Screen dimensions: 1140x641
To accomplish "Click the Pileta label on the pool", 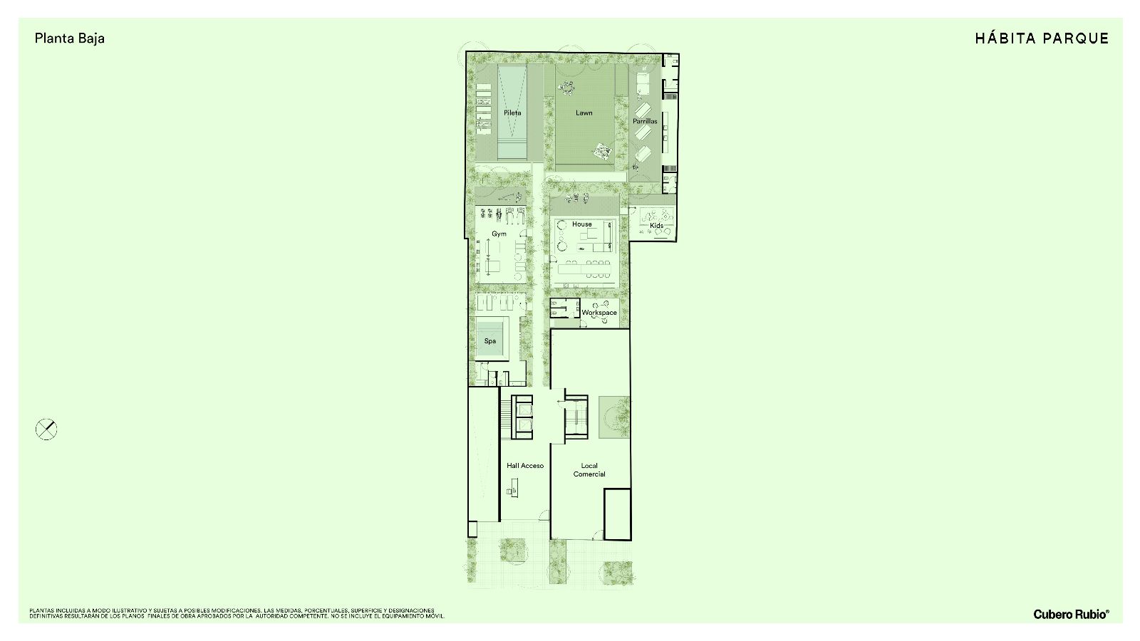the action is [x=512, y=113].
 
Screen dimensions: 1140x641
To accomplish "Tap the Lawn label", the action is [x=584, y=113].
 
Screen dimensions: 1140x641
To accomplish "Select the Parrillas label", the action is [x=645, y=121].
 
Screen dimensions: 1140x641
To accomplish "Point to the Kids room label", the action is [x=656, y=225].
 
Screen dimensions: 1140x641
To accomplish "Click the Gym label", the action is [x=499, y=234].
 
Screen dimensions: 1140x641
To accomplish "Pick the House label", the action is [x=581, y=224].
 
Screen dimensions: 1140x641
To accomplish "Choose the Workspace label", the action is [x=599, y=313].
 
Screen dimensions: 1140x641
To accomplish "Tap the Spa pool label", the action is [x=490, y=341].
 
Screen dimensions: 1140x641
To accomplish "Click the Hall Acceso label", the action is [x=524, y=466].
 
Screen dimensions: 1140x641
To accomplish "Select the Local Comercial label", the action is [x=589, y=469].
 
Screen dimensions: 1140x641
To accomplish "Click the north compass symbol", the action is [x=46, y=429].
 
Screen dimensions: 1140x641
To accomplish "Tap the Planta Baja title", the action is [x=70, y=38].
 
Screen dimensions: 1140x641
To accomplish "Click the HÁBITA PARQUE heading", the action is [x=1042, y=38].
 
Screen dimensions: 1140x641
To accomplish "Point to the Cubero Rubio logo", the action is [x=1072, y=614].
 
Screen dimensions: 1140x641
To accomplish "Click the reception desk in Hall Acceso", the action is [x=512, y=487].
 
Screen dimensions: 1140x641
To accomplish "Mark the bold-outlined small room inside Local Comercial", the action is [x=618, y=514].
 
